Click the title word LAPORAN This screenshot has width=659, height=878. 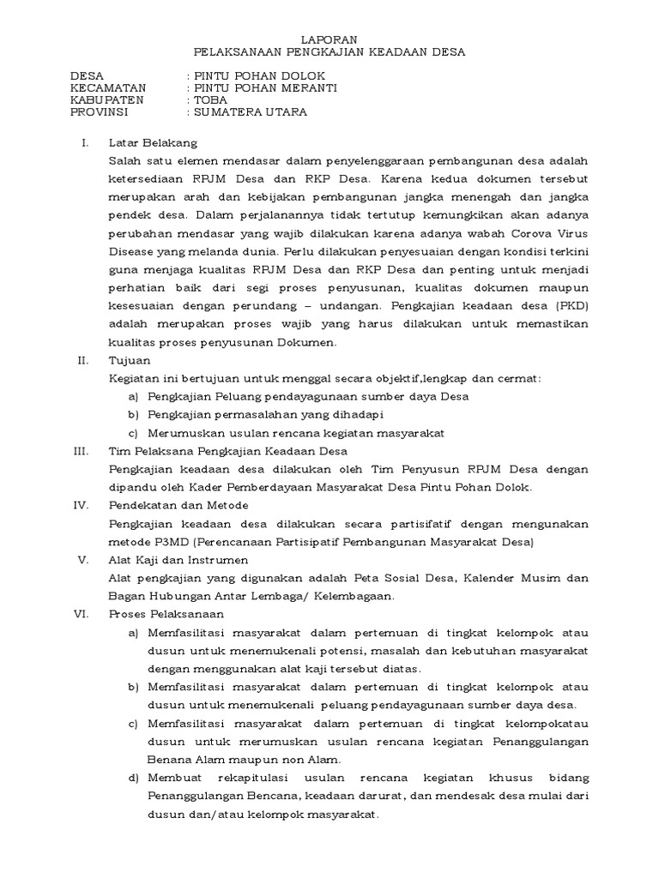[x=329, y=39]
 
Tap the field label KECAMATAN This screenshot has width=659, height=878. [x=108, y=87]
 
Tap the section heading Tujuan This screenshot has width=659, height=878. [x=129, y=360]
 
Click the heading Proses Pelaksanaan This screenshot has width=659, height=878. [x=167, y=615]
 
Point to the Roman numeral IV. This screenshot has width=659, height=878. [x=83, y=505]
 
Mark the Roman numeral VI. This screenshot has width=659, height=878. [x=83, y=615]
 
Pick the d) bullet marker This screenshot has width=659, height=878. [x=133, y=778]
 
